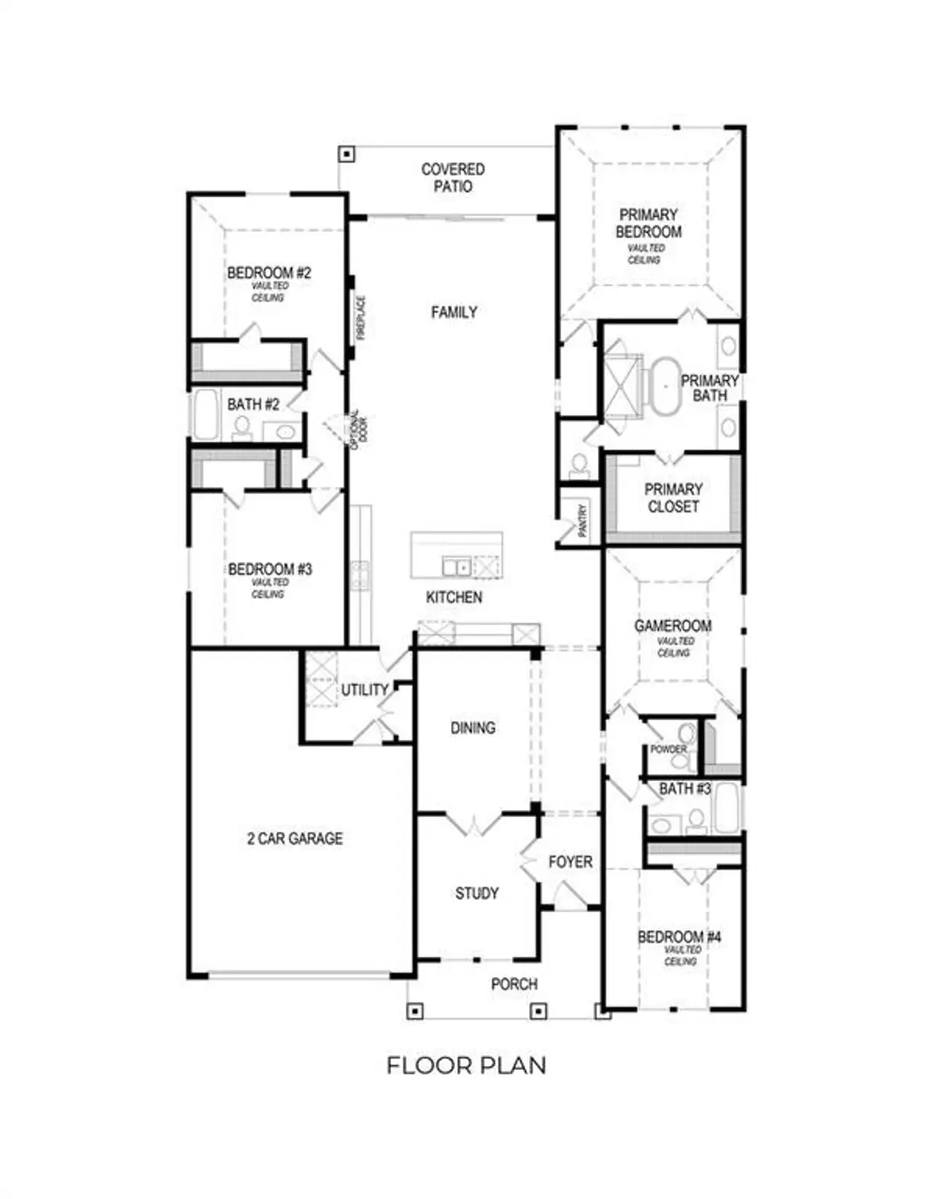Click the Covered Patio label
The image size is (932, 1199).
452,178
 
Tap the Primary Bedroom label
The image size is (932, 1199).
648,223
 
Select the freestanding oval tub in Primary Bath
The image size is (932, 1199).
664,386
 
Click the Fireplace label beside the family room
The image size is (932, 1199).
360,318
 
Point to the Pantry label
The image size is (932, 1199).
582,521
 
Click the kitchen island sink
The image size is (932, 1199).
457,566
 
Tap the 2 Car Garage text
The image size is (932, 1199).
295,839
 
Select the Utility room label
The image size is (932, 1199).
365,689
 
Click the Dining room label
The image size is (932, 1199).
473,728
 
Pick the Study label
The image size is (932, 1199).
477,893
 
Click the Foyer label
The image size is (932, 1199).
570,862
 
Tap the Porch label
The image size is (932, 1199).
514,984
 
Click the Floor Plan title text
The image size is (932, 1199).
466,1066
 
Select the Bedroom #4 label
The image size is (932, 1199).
679,937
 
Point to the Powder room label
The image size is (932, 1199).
668,749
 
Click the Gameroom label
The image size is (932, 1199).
673,626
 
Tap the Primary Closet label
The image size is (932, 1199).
673,498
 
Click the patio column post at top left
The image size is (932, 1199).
347,154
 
